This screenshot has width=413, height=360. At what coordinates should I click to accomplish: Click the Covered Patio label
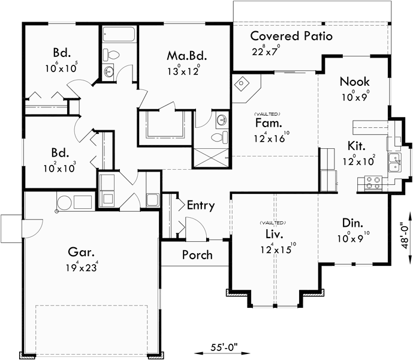point(291,36)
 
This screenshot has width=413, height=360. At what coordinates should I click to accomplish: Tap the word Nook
point(354,82)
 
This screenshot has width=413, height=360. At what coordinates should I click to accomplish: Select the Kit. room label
point(357,146)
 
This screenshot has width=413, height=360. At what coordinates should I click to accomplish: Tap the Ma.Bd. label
point(187,56)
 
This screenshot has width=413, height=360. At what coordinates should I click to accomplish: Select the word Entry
point(200,205)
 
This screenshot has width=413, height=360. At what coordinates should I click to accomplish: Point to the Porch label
point(197,255)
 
